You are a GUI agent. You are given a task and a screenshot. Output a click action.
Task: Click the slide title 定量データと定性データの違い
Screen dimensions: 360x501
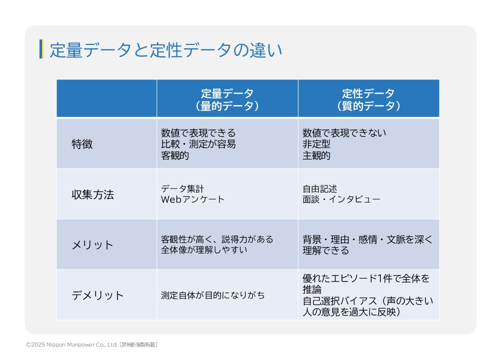coord(165,50)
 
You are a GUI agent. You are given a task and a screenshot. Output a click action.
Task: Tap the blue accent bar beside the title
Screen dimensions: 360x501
coord(41,49)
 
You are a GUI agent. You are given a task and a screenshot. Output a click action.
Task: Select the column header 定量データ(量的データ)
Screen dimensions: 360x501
coord(227,99)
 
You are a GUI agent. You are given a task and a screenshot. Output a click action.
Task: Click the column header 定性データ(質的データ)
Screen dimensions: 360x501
coord(368,99)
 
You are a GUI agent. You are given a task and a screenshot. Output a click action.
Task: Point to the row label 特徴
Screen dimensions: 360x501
coord(82,144)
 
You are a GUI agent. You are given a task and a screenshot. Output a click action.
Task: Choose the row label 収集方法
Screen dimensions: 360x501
coord(92,194)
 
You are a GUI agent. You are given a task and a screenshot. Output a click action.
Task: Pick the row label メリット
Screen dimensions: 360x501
coord(92,245)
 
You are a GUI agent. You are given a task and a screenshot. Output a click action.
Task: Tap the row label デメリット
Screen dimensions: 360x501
coord(97,295)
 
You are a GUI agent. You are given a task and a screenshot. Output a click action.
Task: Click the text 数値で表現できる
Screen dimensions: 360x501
coord(198,133)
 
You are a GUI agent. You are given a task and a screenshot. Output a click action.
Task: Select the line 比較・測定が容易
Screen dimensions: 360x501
coord(198,144)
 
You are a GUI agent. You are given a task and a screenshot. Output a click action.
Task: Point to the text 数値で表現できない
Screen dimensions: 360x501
coord(344,133)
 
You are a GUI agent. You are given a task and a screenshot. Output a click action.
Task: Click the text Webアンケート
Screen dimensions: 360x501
coord(192,199)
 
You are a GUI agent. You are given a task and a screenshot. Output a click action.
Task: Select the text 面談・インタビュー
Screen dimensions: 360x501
coord(341,199)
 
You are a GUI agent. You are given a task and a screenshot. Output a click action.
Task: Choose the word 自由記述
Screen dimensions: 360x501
coord(320,189)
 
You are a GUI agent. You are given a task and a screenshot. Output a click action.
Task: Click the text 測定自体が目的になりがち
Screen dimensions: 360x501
coord(213,295)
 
